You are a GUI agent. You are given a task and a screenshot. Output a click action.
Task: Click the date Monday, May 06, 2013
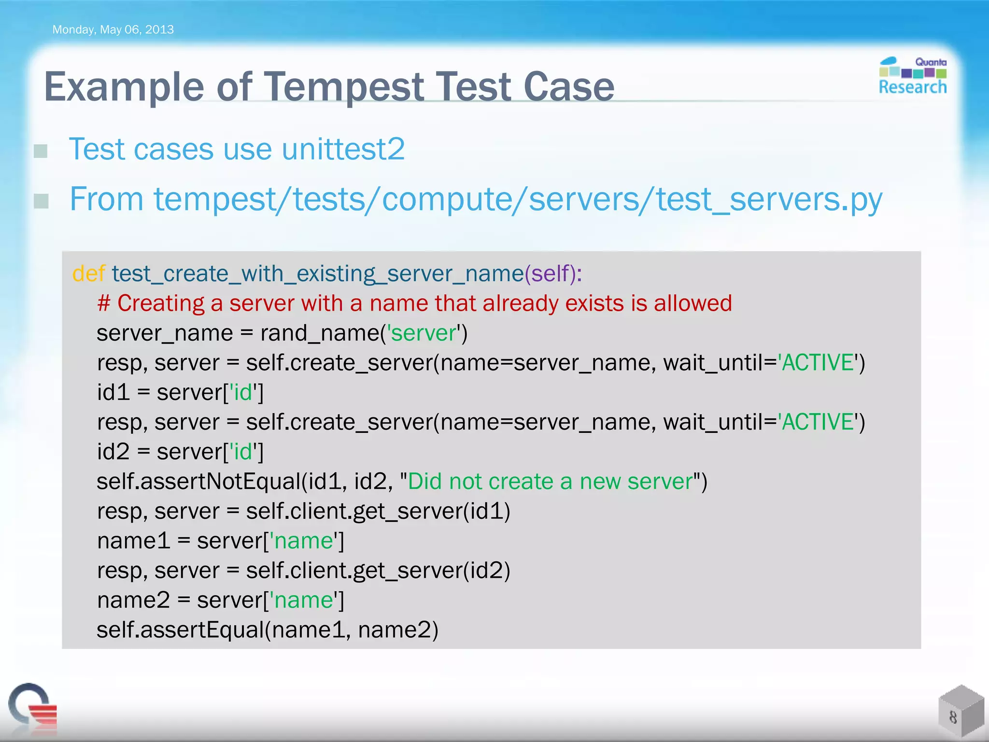point(113,29)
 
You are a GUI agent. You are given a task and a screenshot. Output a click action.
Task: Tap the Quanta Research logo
point(912,76)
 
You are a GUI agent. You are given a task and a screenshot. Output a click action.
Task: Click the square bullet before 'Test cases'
point(41,151)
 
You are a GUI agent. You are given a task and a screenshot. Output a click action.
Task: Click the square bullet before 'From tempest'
point(41,200)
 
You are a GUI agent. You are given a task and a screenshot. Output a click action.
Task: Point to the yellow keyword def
point(88,274)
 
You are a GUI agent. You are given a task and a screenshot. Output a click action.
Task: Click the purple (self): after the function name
point(553,274)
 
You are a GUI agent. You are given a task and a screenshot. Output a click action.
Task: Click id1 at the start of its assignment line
point(113,392)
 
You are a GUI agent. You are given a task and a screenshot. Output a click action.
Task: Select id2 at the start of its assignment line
point(113,452)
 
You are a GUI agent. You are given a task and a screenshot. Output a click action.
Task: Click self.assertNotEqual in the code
point(198,482)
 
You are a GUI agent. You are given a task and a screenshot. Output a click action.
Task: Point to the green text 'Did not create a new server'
point(551,482)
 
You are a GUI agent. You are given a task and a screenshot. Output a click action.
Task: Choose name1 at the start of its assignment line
point(133,541)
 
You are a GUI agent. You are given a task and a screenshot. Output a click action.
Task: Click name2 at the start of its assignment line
point(133,600)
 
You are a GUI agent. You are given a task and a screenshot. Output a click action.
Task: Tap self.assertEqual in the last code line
point(180,630)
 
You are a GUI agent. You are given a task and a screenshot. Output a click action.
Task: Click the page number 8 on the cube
point(953,717)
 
